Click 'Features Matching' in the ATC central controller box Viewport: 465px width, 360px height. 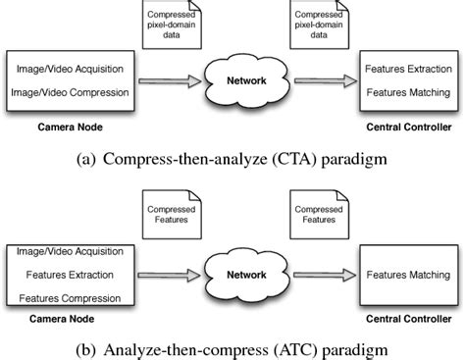point(407,275)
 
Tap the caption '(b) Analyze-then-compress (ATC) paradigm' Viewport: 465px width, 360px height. point(232,347)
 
